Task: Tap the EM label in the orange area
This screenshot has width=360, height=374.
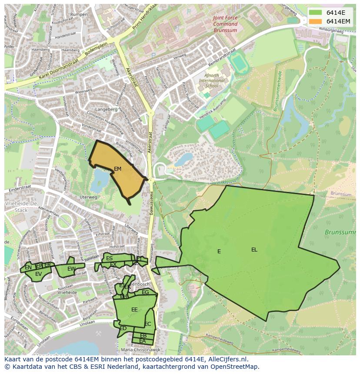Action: point(117,169)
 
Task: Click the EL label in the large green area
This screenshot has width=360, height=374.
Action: point(254,250)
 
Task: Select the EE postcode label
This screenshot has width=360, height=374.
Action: point(134,310)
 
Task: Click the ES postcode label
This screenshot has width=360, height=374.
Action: point(109,258)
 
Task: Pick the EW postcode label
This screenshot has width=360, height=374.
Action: point(71,269)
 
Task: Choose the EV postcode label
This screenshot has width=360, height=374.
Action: point(38,274)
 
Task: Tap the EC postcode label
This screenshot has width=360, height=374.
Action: point(147,324)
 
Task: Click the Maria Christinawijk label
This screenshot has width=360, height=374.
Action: point(140,350)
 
